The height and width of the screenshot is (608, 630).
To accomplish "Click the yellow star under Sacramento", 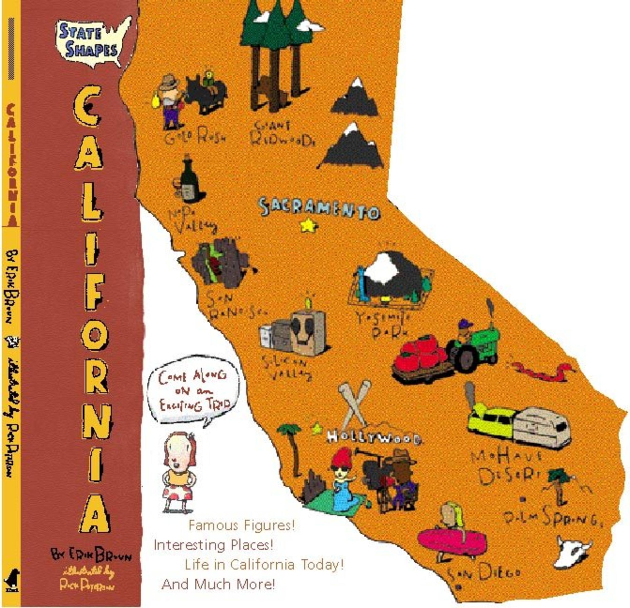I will [x=309, y=225].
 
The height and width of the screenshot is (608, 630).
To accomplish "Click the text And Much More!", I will [x=219, y=584].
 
